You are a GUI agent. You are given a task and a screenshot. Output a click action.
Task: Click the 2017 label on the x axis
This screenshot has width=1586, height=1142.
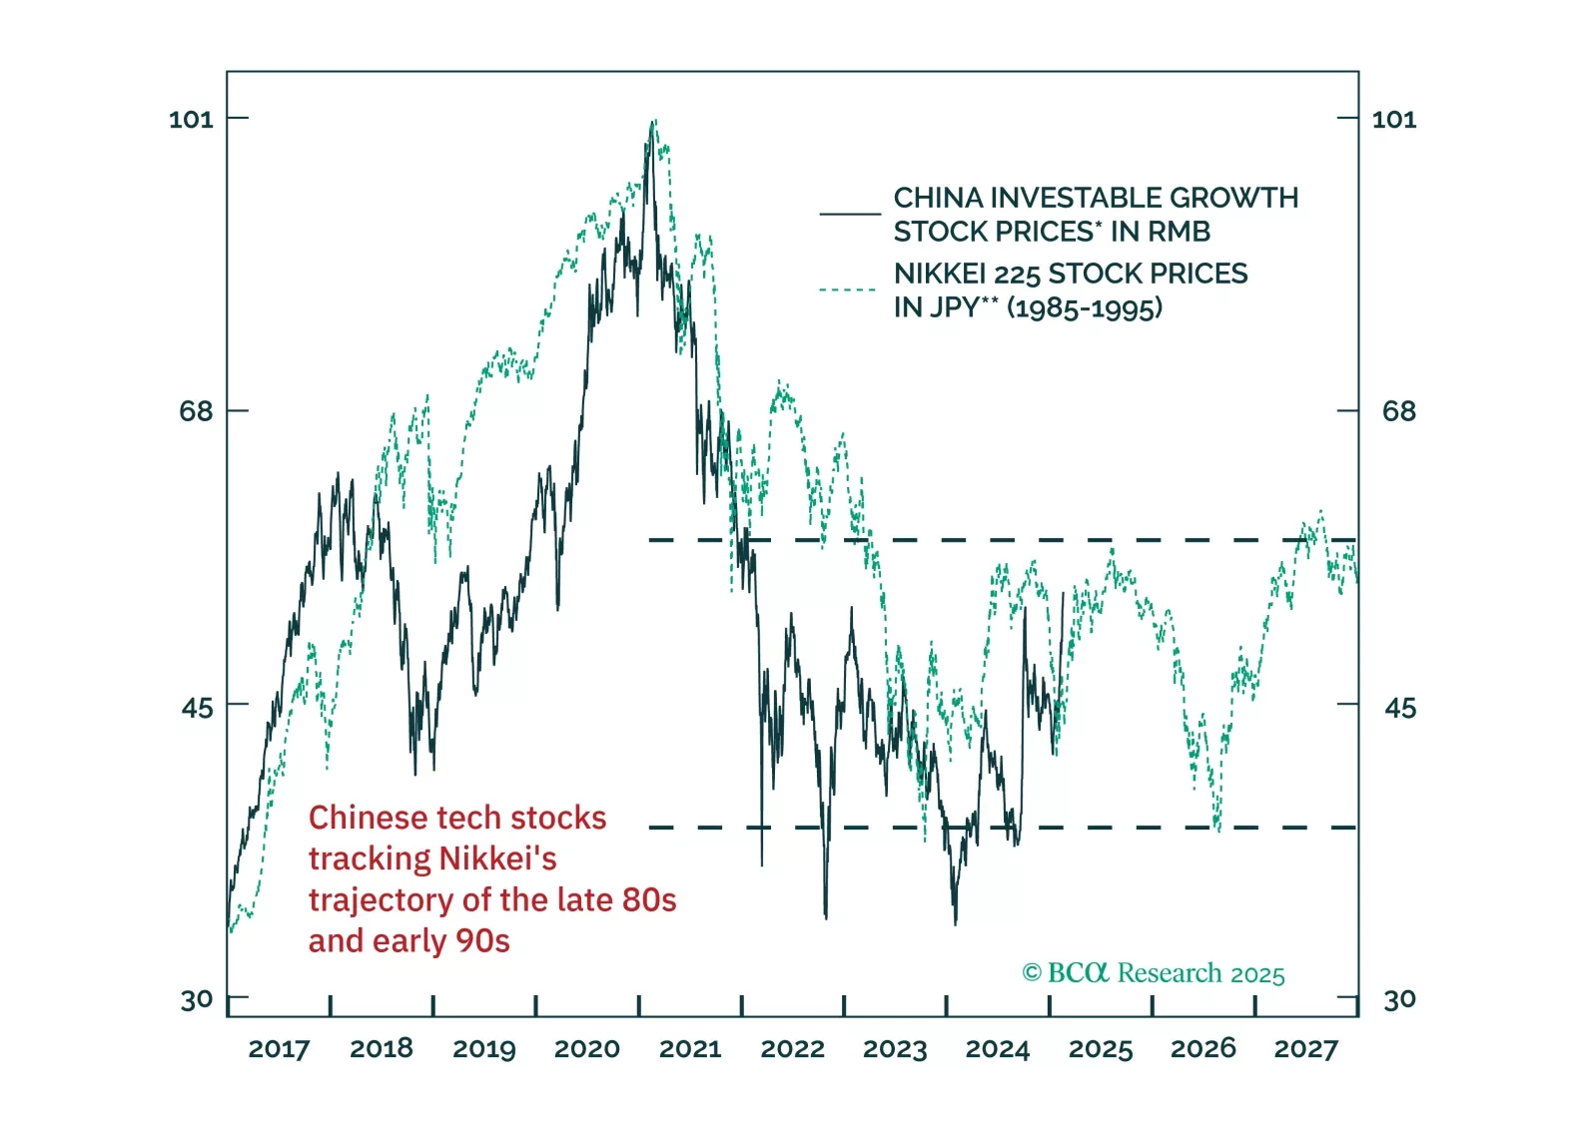279,1049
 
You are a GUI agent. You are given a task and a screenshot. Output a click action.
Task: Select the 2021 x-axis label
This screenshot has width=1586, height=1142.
689,1049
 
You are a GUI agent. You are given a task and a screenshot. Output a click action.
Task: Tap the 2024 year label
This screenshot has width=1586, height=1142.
997,1049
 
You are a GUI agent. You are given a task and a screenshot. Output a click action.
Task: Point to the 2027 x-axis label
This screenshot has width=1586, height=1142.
1305,1049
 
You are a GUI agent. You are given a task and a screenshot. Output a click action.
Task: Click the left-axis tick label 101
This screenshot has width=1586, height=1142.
191,120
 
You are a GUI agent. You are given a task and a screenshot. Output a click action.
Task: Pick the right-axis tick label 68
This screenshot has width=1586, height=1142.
1398,411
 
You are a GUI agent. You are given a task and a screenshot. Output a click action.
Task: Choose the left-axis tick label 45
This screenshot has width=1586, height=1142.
197,708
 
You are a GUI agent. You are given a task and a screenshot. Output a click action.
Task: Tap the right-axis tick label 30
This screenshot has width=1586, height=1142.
1398,999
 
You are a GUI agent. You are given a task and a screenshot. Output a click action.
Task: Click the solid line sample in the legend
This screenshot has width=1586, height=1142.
850,214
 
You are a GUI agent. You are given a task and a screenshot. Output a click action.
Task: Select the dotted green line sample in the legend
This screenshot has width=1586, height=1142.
848,289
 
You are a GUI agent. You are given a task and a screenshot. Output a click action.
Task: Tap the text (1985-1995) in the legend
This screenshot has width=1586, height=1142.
1085,307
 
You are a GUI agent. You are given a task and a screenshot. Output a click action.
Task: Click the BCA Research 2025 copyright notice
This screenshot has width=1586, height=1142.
1154,973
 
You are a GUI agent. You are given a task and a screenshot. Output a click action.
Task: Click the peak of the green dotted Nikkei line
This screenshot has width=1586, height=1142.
654,122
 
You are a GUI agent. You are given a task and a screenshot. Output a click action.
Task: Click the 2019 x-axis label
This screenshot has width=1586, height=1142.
483,1049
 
